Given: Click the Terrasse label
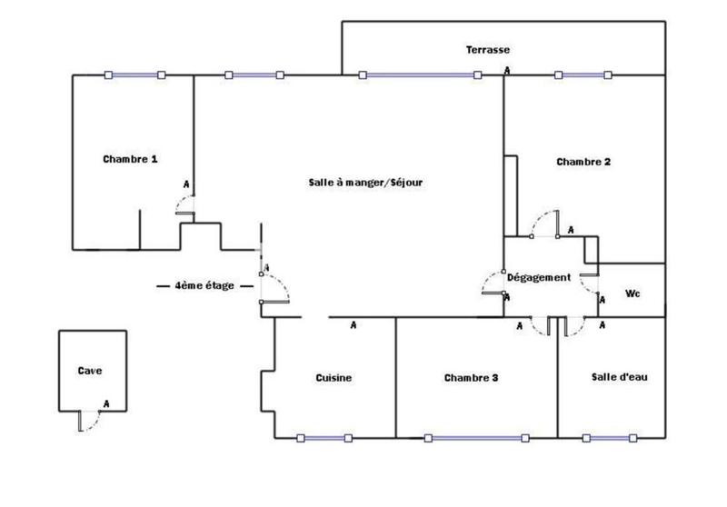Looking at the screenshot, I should click(x=487, y=50).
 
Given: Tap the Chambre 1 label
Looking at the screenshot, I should click(x=130, y=158).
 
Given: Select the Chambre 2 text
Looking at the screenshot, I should click(x=583, y=162).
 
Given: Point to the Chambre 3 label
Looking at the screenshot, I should click(x=472, y=378).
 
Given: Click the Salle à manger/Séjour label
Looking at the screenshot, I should click(x=366, y=182).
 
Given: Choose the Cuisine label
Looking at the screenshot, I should click(x=334, y=378).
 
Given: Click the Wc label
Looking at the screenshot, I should click(x=633, y=293).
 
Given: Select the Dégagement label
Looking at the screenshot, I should click(x=539, y=277).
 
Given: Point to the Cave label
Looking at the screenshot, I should click(x=90, y=371).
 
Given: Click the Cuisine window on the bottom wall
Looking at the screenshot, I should click(x=324, y=439).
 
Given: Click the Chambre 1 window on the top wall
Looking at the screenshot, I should click(x=134, y=75).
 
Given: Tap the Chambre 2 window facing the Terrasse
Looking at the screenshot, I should click(x=583, y=75).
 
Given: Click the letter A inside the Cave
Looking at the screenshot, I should click(x=106, y=403).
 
